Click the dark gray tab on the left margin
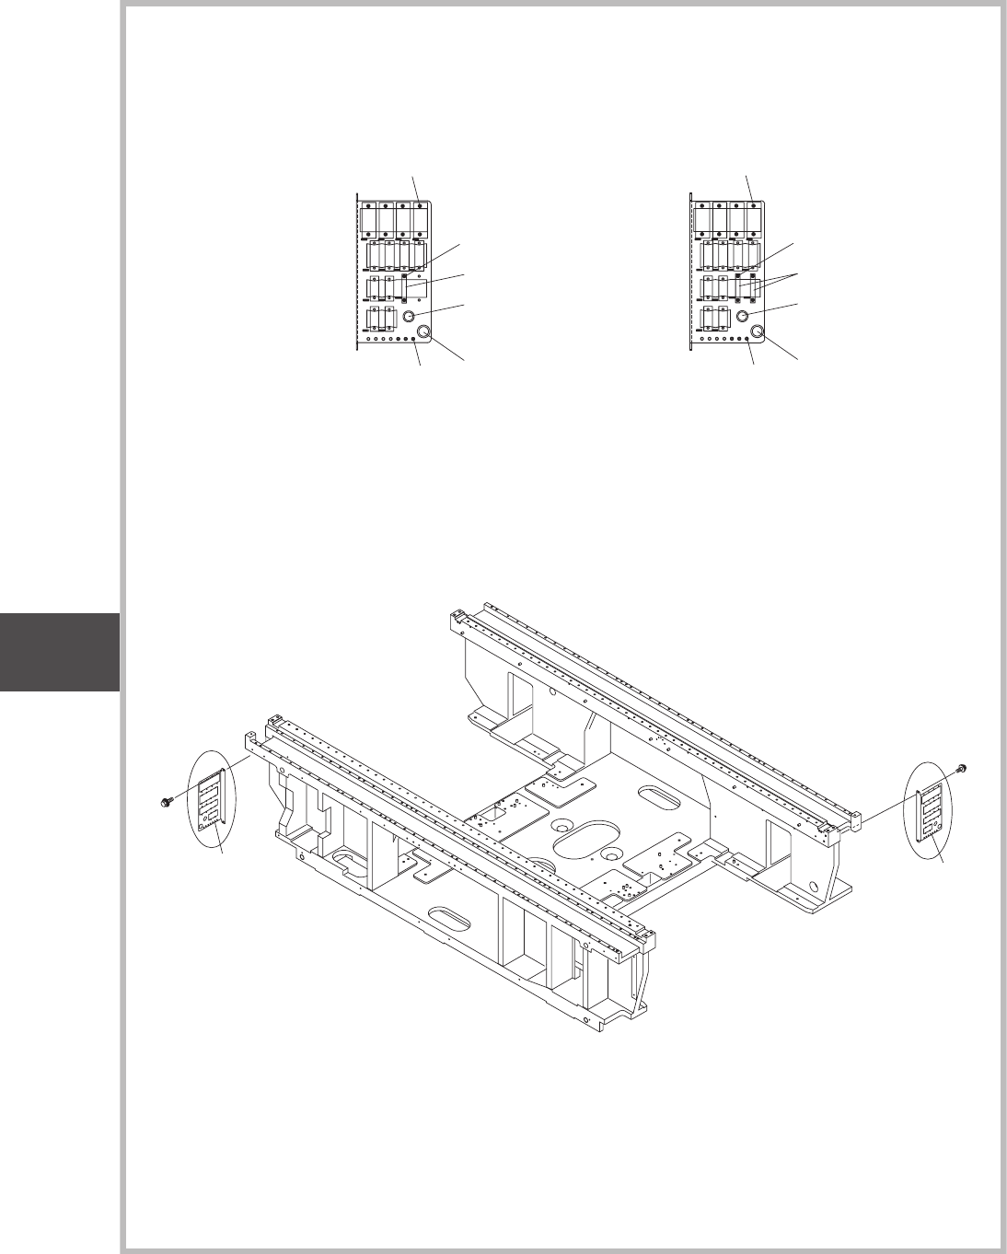(60, 652)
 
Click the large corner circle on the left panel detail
(425, 332)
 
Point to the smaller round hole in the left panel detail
(410, 316)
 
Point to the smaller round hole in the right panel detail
(743, 316)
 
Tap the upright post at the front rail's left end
(250, 741)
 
